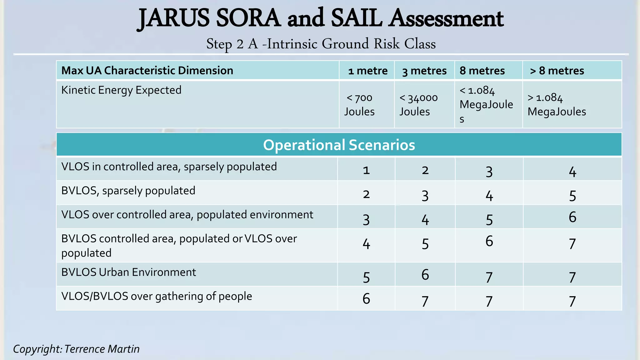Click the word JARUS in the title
point(174,18)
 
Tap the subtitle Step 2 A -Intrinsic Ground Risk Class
point(321,44)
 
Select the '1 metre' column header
point(368,71)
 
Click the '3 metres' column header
point(424,71)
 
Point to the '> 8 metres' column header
point(557,71)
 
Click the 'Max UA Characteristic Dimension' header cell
point(147,71)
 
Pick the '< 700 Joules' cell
point(359,105)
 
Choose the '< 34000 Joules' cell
point(418,105)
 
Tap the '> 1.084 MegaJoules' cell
point(557,105)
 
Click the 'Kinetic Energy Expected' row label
point(121,90)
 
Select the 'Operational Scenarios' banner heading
point(339,145)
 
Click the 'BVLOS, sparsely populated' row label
point(128,191)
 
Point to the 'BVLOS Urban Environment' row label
point(128,272)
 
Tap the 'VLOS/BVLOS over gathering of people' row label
point(157,296)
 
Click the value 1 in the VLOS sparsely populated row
point(366,170)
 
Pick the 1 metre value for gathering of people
point(366,299)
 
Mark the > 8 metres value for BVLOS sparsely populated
point(572,196)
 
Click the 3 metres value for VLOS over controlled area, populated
point(425,220)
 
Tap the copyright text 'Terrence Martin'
point(102,349)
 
